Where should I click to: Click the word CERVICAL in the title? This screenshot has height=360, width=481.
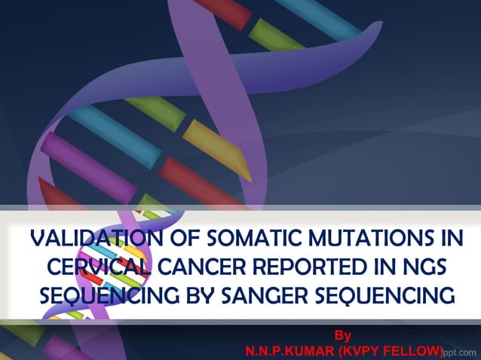95,268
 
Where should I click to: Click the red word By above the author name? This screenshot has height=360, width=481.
343,334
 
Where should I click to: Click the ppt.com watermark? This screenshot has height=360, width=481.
461,352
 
